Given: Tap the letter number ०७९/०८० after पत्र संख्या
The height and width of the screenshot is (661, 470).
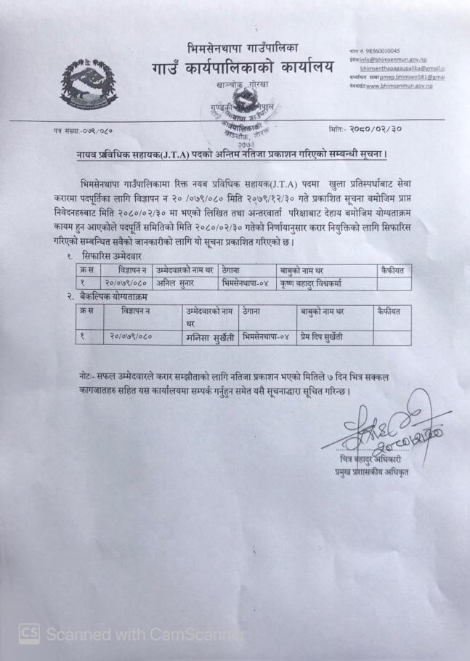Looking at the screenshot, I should (x=93, y=131).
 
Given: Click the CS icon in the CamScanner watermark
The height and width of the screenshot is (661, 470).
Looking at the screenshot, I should (x=29, y=633).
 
